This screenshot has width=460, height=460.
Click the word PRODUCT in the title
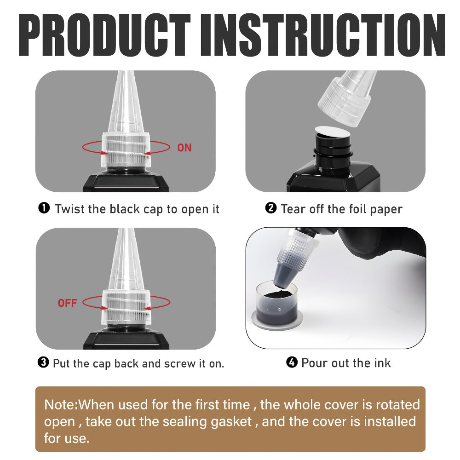(104, 34)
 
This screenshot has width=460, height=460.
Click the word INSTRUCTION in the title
(323, 34)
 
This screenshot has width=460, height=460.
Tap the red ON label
(184, 148)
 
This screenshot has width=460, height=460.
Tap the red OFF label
(67, 303)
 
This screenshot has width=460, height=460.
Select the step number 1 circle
(44, 208)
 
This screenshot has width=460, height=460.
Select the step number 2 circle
(271, 208)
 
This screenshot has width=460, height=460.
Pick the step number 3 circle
(43, 362)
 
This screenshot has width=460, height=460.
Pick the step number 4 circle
(292, 362)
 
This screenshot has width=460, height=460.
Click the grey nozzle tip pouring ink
(283, 275)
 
